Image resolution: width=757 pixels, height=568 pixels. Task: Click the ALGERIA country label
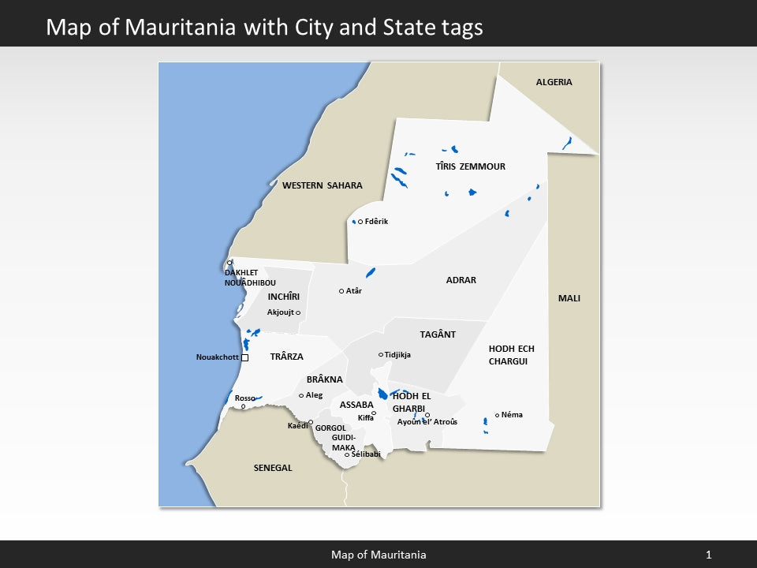coord(554,82)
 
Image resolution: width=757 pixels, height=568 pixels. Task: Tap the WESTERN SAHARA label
coord(323,185)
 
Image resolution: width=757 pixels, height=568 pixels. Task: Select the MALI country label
coord(569,298)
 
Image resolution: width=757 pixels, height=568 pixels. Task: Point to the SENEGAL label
coord(273,468)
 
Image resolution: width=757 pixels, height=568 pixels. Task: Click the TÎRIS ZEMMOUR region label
coord(471,166)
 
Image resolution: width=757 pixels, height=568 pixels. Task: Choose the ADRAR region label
coord(461,280)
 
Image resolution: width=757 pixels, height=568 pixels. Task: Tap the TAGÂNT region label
coord(438,334)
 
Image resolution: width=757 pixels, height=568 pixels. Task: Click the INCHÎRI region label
coord(284,297)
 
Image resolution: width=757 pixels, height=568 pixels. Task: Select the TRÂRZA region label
coord(287,357)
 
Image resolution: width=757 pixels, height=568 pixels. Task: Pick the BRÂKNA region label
coord(325,379)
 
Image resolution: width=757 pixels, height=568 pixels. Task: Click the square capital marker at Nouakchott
coord(244,357)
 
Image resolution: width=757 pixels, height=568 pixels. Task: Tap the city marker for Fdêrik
coord(360,222)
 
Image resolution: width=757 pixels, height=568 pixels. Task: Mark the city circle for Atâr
coord(341,291)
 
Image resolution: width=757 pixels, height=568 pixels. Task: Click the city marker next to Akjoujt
coord(298,313)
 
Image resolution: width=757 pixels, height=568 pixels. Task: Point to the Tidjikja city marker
coord(381,355)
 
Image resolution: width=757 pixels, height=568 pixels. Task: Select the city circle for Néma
coord(497,415)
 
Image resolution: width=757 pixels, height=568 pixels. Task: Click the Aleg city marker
coord(301,395)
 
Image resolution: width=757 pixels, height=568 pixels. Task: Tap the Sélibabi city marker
coord(347,454)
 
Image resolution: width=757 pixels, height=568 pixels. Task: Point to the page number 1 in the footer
coord(708,555)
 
